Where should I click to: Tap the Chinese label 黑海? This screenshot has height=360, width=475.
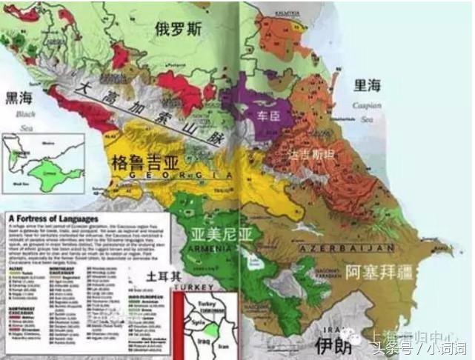[x=20, y=98]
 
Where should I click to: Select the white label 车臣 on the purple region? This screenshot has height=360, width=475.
[x=268, y=116]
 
